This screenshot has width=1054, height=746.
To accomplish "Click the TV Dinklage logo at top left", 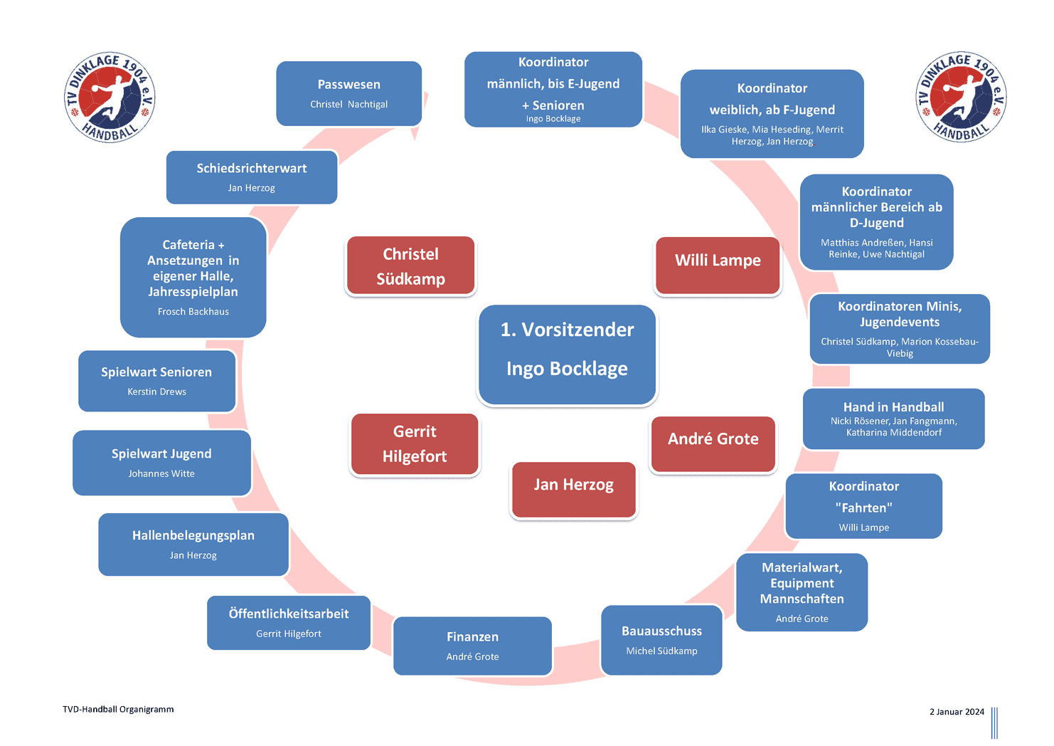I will tap(110, 98).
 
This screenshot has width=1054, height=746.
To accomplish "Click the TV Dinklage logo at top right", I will tap(961, 98).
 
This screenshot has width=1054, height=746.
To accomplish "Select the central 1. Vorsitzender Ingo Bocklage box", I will tap(567, 354).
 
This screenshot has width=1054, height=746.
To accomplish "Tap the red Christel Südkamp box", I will tap(410, 266).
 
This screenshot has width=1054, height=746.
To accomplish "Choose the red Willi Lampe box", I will tap(718, 265).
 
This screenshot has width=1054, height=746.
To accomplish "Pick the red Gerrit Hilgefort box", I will tap(415, 443).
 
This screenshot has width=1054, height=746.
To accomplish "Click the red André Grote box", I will tap(713, 444).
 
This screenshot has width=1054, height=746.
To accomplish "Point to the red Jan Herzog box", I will tap(573, 490).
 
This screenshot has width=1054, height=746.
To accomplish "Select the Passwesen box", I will tap(348, 93).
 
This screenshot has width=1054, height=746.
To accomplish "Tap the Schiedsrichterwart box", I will tap(252, 177).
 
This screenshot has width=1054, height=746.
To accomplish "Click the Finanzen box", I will tap(472, 646).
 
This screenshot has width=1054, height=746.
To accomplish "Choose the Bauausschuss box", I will tap(661, 640).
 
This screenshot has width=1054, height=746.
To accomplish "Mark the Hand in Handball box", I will tap(893, 419).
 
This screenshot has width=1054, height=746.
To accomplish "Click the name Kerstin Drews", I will tap(156, 392).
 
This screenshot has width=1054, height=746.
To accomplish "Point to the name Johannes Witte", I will tap(161, 473).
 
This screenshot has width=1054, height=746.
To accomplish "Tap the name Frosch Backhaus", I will tap(193, 311).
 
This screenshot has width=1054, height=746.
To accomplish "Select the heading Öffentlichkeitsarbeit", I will tap(289, 614).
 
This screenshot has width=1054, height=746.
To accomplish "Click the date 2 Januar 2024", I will tap(957, 712).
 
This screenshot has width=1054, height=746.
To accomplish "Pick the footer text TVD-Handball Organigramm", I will tap(118, 709).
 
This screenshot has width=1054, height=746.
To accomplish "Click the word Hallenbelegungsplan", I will tap(193, 535).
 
